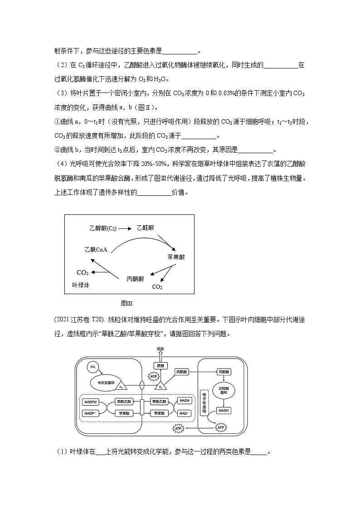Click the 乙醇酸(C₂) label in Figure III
(x=103, y=228)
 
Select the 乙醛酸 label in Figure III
(x=145, y=228)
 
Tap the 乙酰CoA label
(x=95, y=249)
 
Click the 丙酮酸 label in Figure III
(x=135, y=279)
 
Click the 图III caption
(x=126, y=303)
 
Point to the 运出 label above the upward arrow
(x=160, y=349)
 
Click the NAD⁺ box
(x=185, y=413)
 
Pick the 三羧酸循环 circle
(x=224, y=391)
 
